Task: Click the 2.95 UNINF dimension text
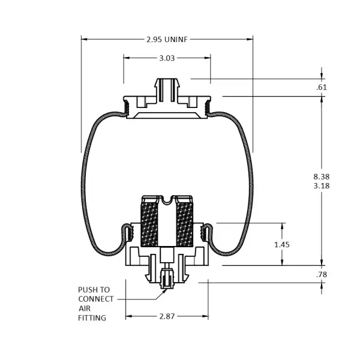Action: [x=167, y=40]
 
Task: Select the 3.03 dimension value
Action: [x=167, y=58]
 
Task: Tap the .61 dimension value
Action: [x=321, y=88]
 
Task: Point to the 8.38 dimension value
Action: [x=321, y=176]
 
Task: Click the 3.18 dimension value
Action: [x=321, y=185]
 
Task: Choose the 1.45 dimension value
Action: [x=282, y=244]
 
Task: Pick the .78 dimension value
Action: [x=321, y=274]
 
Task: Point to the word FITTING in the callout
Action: [x=92, y=318]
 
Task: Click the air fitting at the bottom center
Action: [x=167, y=278]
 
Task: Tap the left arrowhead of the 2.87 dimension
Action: [x=128, y=316]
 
